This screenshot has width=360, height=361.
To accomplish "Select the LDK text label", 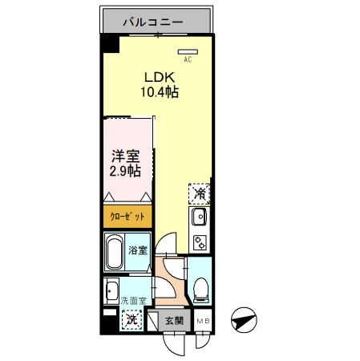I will pos(158,77).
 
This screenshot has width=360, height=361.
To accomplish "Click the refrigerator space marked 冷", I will pos(200,193).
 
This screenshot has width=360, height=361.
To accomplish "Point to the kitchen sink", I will pos(199,216).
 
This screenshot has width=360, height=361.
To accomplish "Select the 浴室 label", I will pos(137,251).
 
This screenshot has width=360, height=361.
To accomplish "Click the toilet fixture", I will pos(200,284).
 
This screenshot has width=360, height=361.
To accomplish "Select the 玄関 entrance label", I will pos(174,320).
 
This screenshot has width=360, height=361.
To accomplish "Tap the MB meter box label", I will pos(204,320).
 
